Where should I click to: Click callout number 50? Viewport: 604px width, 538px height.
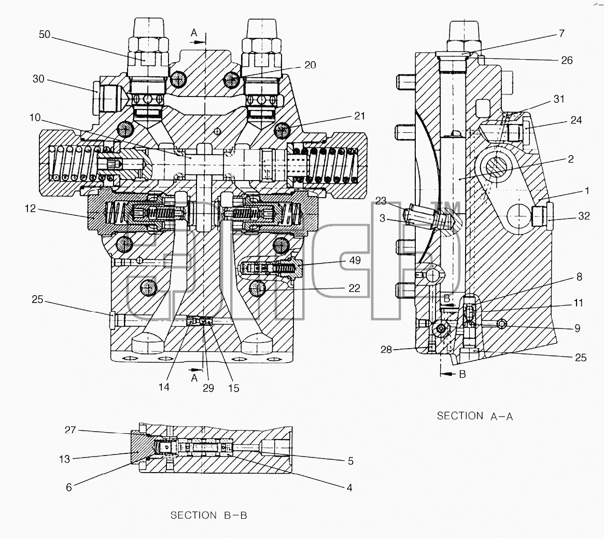pyautogui.click(x=45, y=35)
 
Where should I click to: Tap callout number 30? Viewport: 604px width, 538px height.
pyautogui.click(x=38, y=79)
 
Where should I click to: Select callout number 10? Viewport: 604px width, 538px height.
pyautogui.click(x=35, y=118)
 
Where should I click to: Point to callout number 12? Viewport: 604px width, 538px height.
pyautogui.click(x=30, y=209)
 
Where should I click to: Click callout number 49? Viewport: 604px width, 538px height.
pyautogui.click(x=355, y=260)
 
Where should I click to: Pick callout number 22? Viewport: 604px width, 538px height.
pyautogui.click(x=355, y=288)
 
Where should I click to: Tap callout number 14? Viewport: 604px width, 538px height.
pyautogui.click(x=164, y=387)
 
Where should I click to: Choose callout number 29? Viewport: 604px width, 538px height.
pyautogui.click(x=208, y=388)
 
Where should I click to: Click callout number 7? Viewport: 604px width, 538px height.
pyautogui.click(x=561, y=34)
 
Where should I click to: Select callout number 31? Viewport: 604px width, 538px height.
pyautogui.click(x=559, y=99)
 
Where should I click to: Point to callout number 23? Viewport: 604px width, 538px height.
pyautogui.click(x=381, y=201)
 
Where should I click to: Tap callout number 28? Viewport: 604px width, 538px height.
pyautogui.click(x=386, y=350)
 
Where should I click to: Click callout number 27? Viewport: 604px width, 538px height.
pyautogui.click(x=71, y=430)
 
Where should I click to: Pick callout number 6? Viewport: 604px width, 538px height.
pyautogui.click(x=69, y=488)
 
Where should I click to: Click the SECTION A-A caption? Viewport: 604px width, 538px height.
pyautogui.click(x=475, y=416)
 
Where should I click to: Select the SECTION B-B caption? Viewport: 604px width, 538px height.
pyautogui.click(x=209, y=515)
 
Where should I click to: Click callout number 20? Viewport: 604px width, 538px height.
pyautogui.click(x=310, y=65)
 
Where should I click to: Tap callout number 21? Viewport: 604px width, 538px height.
pyautogui.click(x=359, y=116)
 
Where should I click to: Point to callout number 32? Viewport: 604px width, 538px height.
pyautogui.click(x=584, y=216)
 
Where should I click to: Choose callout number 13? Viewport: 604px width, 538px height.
pyautogui.click(x=65, y=459)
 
